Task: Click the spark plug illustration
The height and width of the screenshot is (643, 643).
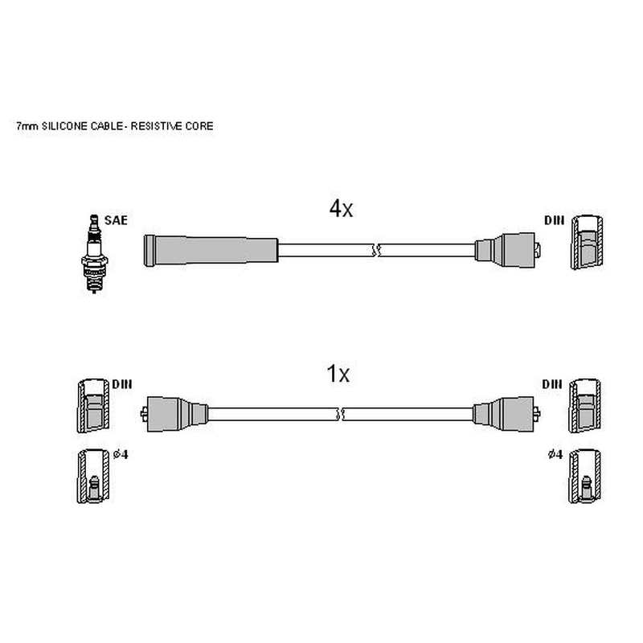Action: [94, 253]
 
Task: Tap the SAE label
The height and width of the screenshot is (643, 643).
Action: [116, 220]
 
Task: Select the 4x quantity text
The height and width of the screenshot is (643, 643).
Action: [341, 209]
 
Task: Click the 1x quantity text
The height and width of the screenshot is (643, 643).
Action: [338, 374]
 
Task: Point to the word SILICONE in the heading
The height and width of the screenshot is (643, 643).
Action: [65, 126]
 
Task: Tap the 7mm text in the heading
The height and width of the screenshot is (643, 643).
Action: [27, 126]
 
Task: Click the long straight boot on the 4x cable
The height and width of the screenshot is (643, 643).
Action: [211, 251]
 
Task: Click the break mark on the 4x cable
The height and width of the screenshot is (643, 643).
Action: [376, 250]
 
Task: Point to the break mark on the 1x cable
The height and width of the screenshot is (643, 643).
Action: [340, 414]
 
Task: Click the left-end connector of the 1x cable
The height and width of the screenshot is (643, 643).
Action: [174, 414]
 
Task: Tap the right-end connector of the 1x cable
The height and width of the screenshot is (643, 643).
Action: [506, 414]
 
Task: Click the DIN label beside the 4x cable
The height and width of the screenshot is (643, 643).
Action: [555, 220]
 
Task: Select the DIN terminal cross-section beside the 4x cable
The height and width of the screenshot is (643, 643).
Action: [588, 243]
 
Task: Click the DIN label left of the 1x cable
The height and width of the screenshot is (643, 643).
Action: [122, 384]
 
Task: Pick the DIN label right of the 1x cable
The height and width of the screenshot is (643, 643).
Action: [552, 384]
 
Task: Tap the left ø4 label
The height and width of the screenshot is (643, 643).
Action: [121, 454]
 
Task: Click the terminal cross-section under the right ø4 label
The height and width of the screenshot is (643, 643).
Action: [585, 476]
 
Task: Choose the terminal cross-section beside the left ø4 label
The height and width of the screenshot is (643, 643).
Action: [93, 476]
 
